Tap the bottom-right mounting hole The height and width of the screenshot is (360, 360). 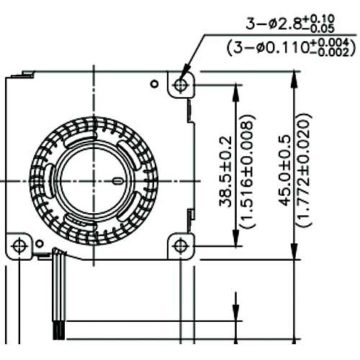[180, 245]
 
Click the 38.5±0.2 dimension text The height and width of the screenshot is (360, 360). [225, 165]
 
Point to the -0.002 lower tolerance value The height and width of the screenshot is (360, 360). [341, 52]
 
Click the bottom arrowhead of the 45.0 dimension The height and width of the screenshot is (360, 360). [293, 253]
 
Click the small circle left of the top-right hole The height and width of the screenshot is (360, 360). [153, 84]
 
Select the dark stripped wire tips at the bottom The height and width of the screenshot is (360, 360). [58, 332]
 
